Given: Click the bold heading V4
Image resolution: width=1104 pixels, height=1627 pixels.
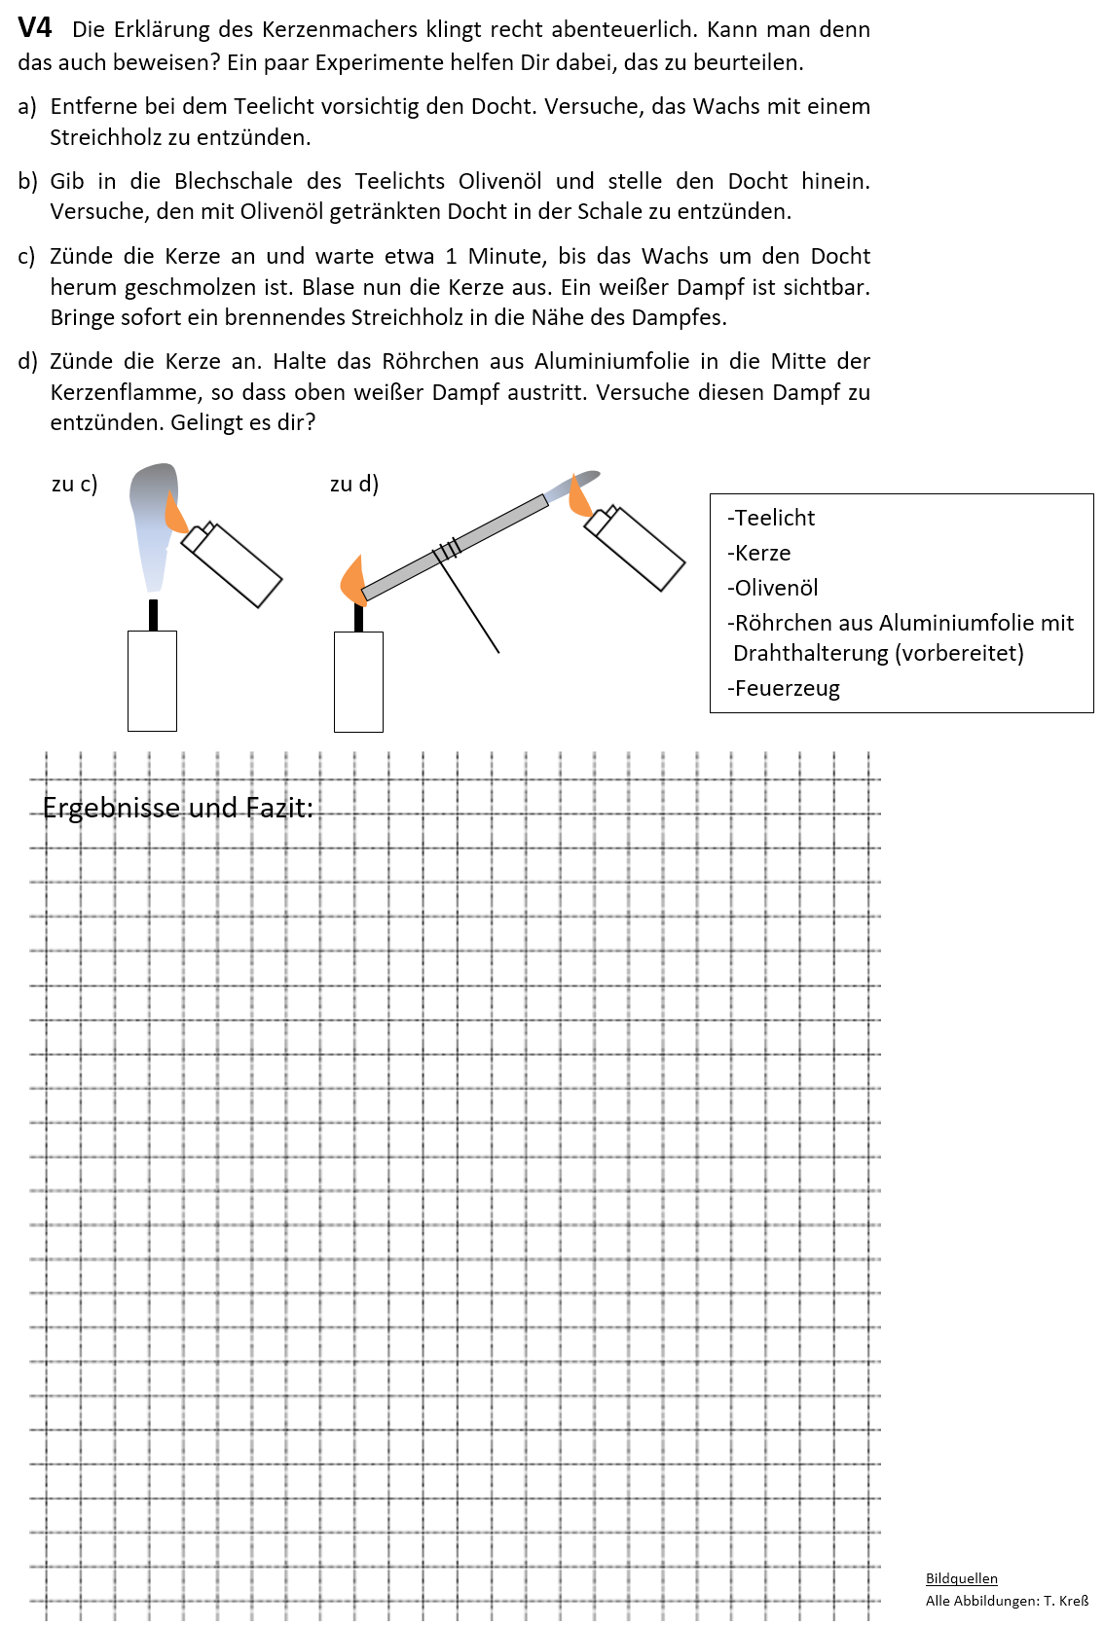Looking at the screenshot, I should point(35,27).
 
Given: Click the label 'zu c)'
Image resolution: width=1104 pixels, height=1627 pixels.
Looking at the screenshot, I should point(74,484).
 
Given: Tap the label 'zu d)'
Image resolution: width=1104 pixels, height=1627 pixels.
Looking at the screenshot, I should point(354,484).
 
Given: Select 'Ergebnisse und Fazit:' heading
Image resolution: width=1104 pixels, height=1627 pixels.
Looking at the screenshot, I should point(178,808).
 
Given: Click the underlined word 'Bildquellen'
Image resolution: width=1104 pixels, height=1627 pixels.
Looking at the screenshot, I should point(961,1578).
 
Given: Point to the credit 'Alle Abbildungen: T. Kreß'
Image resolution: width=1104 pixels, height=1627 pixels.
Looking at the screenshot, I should point(1007,1601).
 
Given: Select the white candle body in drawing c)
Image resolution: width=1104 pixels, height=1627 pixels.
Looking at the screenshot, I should point(152,680).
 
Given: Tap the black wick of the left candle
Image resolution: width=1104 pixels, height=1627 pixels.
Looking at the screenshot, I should point(153,615).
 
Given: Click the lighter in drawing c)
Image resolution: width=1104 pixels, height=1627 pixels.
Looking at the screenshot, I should point(234,563).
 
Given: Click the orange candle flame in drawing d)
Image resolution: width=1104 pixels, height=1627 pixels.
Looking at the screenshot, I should point(351,582).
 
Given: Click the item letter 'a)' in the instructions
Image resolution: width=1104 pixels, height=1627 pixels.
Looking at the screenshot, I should point(27,106).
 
